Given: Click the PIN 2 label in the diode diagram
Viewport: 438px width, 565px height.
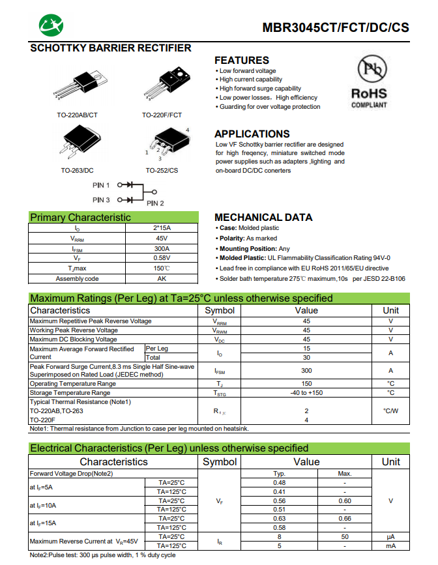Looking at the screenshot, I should (155, 203).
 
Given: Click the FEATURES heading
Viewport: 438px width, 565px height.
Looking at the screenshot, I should (242, 60).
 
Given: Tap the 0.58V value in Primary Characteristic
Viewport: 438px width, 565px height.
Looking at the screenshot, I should (162, 258).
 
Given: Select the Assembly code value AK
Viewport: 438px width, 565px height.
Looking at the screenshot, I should (162, 279).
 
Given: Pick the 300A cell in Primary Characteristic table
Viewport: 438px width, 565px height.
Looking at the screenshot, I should (162, 248).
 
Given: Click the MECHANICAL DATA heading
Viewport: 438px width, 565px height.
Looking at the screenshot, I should (263, 217).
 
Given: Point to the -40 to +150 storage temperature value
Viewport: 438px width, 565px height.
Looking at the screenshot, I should (306, 393).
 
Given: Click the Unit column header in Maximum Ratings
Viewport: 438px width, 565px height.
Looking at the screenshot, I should (390, 310).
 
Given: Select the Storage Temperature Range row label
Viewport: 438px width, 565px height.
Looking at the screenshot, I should (70, 393).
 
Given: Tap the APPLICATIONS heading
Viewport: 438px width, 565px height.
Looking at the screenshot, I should (252, 134).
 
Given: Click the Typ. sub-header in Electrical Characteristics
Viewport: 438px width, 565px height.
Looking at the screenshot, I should (280, 473).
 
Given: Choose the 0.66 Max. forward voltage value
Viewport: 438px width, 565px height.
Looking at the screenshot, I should (345, 519).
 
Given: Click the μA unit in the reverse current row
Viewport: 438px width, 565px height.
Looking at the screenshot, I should (390, 537).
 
